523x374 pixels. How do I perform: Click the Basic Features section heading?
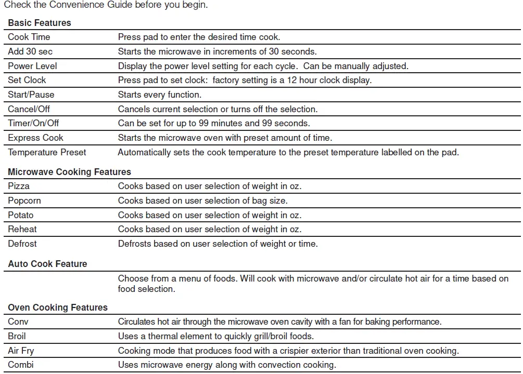(40, 23)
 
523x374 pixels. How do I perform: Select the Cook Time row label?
(29, 37)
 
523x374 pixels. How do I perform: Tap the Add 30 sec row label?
(30, 51)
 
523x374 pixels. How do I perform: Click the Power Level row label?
(32, 66)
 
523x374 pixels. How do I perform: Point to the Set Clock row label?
(27, 80)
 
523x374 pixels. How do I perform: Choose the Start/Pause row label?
(31, 95)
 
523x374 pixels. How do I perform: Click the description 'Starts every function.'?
(160, 95)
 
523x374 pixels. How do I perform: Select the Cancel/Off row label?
(29, 109)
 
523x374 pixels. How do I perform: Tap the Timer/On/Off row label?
(33, 123)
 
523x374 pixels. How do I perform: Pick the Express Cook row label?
(35, 138)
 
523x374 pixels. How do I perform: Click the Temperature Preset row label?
(47, 152)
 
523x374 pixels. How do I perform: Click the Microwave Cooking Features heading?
(69, 172)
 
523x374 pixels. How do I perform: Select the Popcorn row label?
(24, 201)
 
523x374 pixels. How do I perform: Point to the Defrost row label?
(22, 244)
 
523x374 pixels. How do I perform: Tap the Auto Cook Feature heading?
(47, 264)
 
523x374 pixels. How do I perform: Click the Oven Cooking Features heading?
(58, 308)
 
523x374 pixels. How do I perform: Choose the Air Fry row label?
(21, 351)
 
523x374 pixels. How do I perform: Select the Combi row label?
(21, 365)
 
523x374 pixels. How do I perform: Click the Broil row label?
(17, 336)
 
